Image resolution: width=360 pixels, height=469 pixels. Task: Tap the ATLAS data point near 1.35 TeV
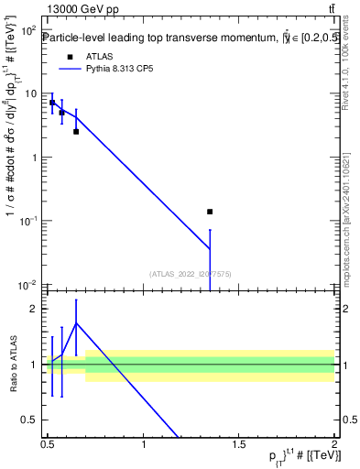point(210,212)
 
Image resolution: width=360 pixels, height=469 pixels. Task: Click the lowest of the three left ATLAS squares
point(76,131)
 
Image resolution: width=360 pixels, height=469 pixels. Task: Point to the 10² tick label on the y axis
point(28,30)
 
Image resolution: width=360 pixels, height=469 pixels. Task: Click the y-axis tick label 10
point(30,93)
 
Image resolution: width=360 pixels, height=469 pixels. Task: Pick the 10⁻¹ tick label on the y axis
point(28,221)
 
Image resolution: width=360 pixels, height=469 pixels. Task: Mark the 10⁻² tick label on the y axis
point(28,285)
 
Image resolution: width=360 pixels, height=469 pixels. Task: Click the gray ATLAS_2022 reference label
point(190,273)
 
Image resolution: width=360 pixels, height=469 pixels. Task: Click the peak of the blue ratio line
point(76,322)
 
